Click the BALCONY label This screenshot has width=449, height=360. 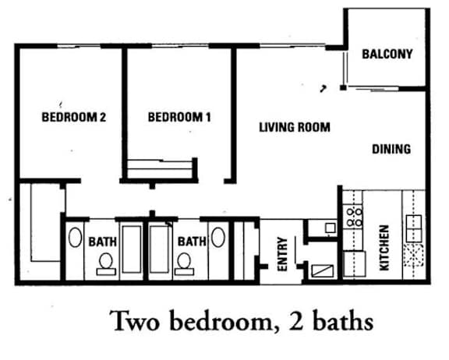[387, 55]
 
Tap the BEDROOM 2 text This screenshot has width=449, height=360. [73, 118]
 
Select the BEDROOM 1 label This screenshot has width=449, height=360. [179, 118]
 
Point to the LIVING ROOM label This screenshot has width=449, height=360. [295, 126]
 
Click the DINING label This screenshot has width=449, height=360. [391, 149]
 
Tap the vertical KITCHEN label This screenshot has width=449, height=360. [384, 248]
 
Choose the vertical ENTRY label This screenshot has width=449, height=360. [282, 255]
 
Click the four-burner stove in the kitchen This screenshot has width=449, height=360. [354, 215]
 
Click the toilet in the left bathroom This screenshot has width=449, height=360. [104, 265]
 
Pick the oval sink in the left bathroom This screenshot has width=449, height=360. [76, 238]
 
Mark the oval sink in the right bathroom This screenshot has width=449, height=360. [217, 238]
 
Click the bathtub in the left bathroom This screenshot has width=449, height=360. [131, 250]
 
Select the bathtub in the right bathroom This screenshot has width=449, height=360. [160, 250]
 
